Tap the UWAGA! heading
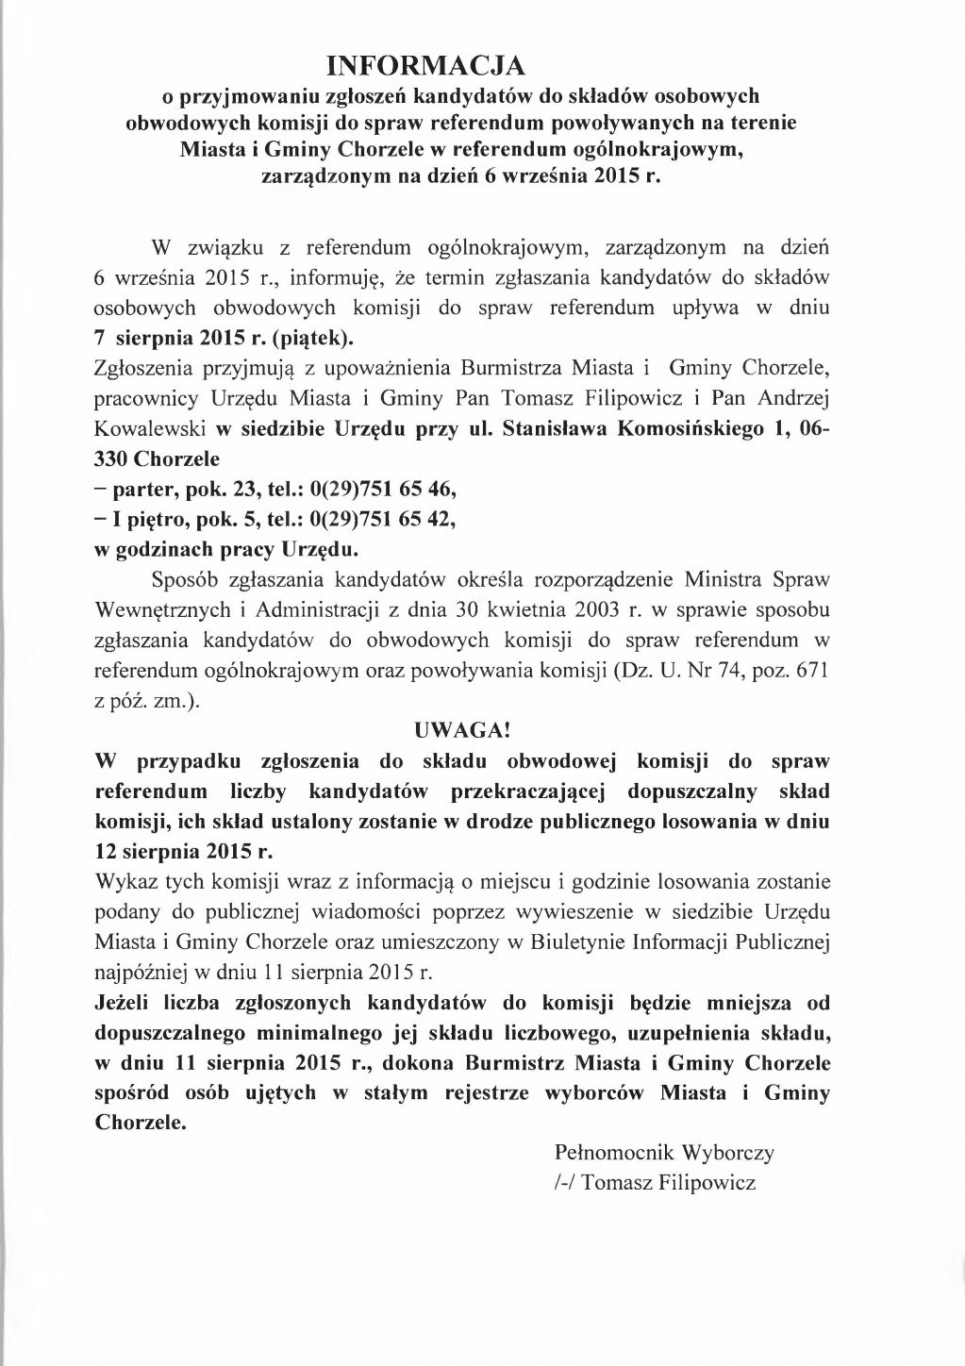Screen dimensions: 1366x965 coord(462,729)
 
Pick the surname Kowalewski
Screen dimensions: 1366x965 coord(150,427)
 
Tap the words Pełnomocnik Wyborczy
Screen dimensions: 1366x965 coord(665,1152)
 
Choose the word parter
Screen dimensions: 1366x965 coord(144,489)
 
